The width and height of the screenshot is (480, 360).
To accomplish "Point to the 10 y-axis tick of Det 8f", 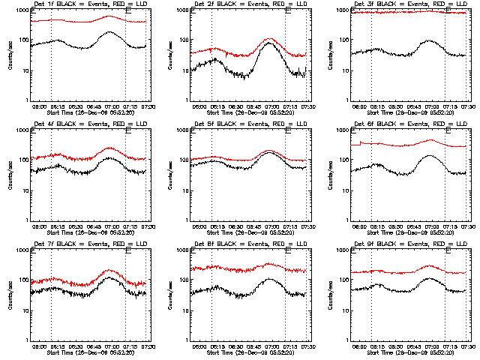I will tap(185, 311).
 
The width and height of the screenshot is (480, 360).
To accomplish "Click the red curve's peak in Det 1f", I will tap(110, 16).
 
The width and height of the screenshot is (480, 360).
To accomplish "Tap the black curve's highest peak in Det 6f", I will tap(430, 156).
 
